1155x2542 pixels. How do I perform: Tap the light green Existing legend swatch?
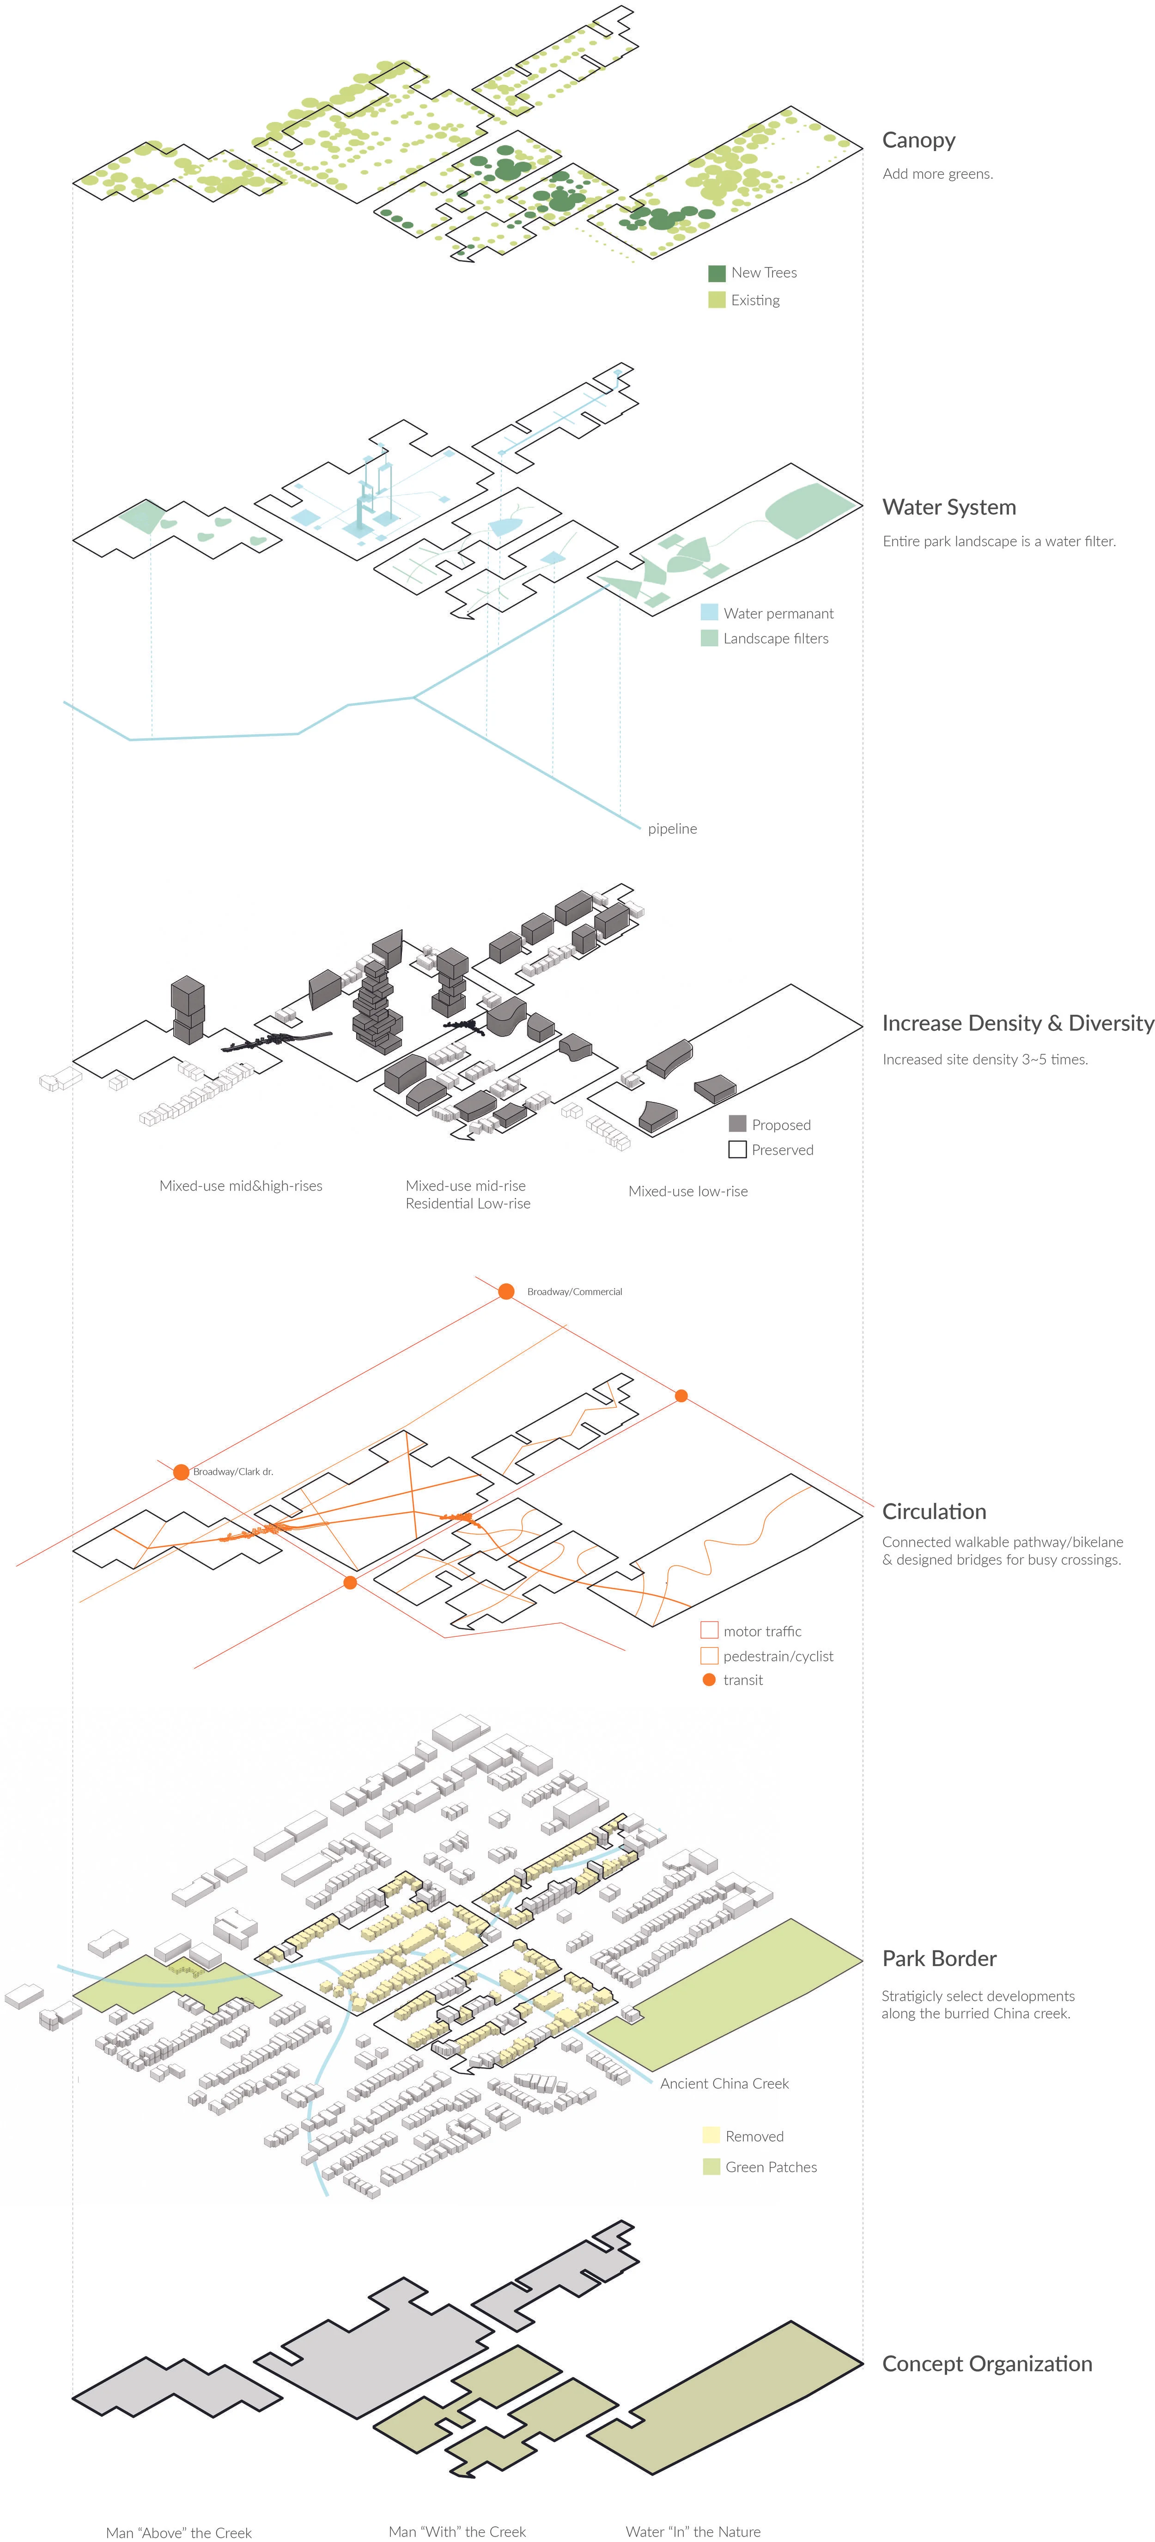click(x=717, y=300)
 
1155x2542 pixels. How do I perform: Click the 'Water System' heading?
click(x=948, y=507)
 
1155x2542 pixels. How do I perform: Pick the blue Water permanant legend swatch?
click(x=709, y=613)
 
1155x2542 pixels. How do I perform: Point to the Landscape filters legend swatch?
click(x=709, y=638)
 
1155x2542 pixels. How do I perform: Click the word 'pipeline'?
click(x=672, y=829)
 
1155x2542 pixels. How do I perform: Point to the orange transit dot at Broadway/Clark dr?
click(x=181, y=1472)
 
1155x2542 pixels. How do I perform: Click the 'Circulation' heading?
click(x=934, y=1512)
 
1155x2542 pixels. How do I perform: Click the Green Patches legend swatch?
click(x=711, y=2167)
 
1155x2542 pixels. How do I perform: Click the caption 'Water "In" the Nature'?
click(x=693, y=2532)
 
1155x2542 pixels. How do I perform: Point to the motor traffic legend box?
click(x=709, y=1630)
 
